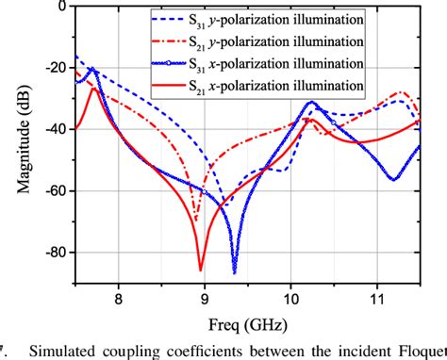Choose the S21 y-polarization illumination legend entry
coord(284,41)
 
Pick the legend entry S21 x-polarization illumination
coord(284,87)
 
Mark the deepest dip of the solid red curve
coord(201,270)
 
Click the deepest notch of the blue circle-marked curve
coord(235,271)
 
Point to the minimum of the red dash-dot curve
coord(196,222)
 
